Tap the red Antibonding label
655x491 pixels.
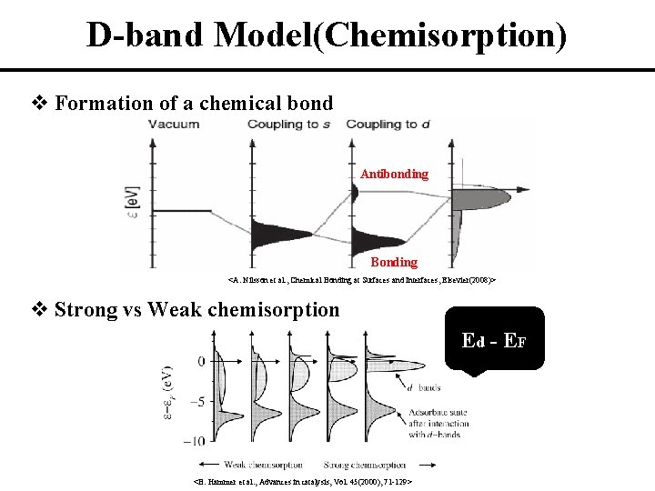[x=394, y=174]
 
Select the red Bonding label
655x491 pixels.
[x=395, y=262]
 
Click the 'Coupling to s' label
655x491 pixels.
[x=288, y=124]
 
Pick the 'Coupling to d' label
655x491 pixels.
[x=388, y=124]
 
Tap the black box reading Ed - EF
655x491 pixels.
[x=495, y=342]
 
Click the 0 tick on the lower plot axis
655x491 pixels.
[x=201, y=362]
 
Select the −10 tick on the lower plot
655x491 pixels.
[x=194, y=441]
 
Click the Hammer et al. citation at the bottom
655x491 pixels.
[x=305, y=482]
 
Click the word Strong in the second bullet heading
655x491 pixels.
[x=85, y=309]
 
